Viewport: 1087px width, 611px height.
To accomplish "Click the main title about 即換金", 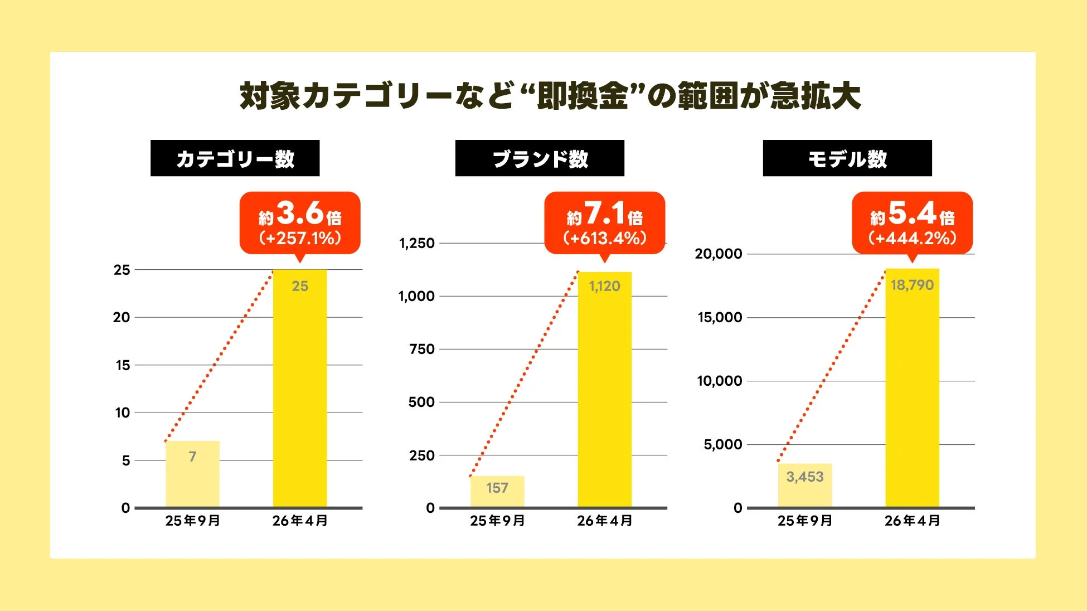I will coord(550,96).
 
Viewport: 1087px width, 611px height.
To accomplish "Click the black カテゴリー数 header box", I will coord(235,158).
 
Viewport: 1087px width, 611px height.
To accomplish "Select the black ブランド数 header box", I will coord(540,158).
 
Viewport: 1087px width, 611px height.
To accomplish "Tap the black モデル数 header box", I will coord(847,158).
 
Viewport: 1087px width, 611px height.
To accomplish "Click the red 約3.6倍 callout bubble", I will coord(300,223).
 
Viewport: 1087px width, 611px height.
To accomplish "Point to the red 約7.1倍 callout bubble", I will coord(605,223).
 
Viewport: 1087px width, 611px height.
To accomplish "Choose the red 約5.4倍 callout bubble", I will coord(912,223).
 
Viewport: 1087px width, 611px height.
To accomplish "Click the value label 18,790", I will coord(912,285).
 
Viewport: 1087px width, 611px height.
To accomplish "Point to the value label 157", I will coord(497,488).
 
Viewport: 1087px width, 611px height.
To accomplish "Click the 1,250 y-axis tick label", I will coord(416,243).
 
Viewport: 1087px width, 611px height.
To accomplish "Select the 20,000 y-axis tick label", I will coord(718,254).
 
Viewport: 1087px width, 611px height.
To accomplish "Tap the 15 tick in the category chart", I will coord(123,365).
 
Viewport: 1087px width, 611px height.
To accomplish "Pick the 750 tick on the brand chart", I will coord(421,349).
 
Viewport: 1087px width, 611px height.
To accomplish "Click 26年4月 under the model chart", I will coord(912,521).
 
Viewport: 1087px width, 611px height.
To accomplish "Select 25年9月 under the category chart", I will coord(192,521).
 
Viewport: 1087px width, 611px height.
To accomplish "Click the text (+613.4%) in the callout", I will coord(605,239).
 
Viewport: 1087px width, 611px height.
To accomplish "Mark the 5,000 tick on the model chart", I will coord(722,444).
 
